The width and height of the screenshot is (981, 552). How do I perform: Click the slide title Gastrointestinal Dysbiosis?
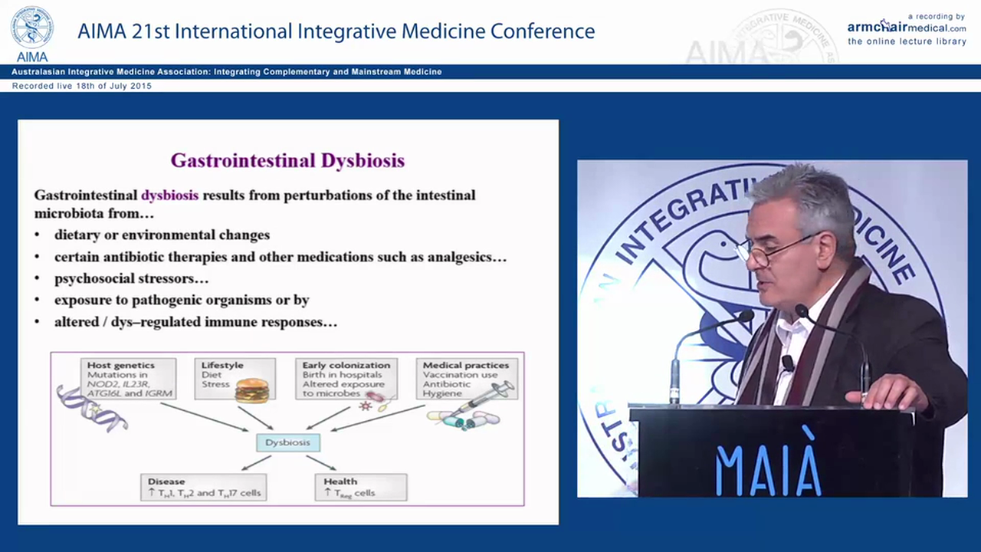click(x=287, y=160)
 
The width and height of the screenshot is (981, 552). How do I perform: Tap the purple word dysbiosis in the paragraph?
click(x=169, y=195)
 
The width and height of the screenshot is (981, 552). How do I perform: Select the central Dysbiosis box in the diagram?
click(x=287, y=442)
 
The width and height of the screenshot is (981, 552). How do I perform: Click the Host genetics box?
click(x=128, y=379)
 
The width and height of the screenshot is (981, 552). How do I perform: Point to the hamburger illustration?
click(x=251, y=390)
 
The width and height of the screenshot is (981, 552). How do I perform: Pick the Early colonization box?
click(x=346, y=378)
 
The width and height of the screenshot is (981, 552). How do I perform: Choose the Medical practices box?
click(x=466, y=379)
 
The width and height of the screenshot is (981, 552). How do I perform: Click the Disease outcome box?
click(x=203, y=488)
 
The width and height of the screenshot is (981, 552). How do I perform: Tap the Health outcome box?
click(x=360, y=488)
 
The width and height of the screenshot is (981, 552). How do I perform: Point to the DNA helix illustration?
click(x=90, y=409)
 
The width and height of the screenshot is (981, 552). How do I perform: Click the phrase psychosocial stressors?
click(x=131, y=278)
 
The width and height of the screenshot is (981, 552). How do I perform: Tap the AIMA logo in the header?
click(x=31, y=33)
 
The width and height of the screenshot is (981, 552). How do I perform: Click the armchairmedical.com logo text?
click(x=906, y=27)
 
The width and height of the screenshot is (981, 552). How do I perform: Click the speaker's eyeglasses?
click(x=766, y=251)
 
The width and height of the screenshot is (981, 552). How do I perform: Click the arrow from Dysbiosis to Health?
click(x=321, y=463)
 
